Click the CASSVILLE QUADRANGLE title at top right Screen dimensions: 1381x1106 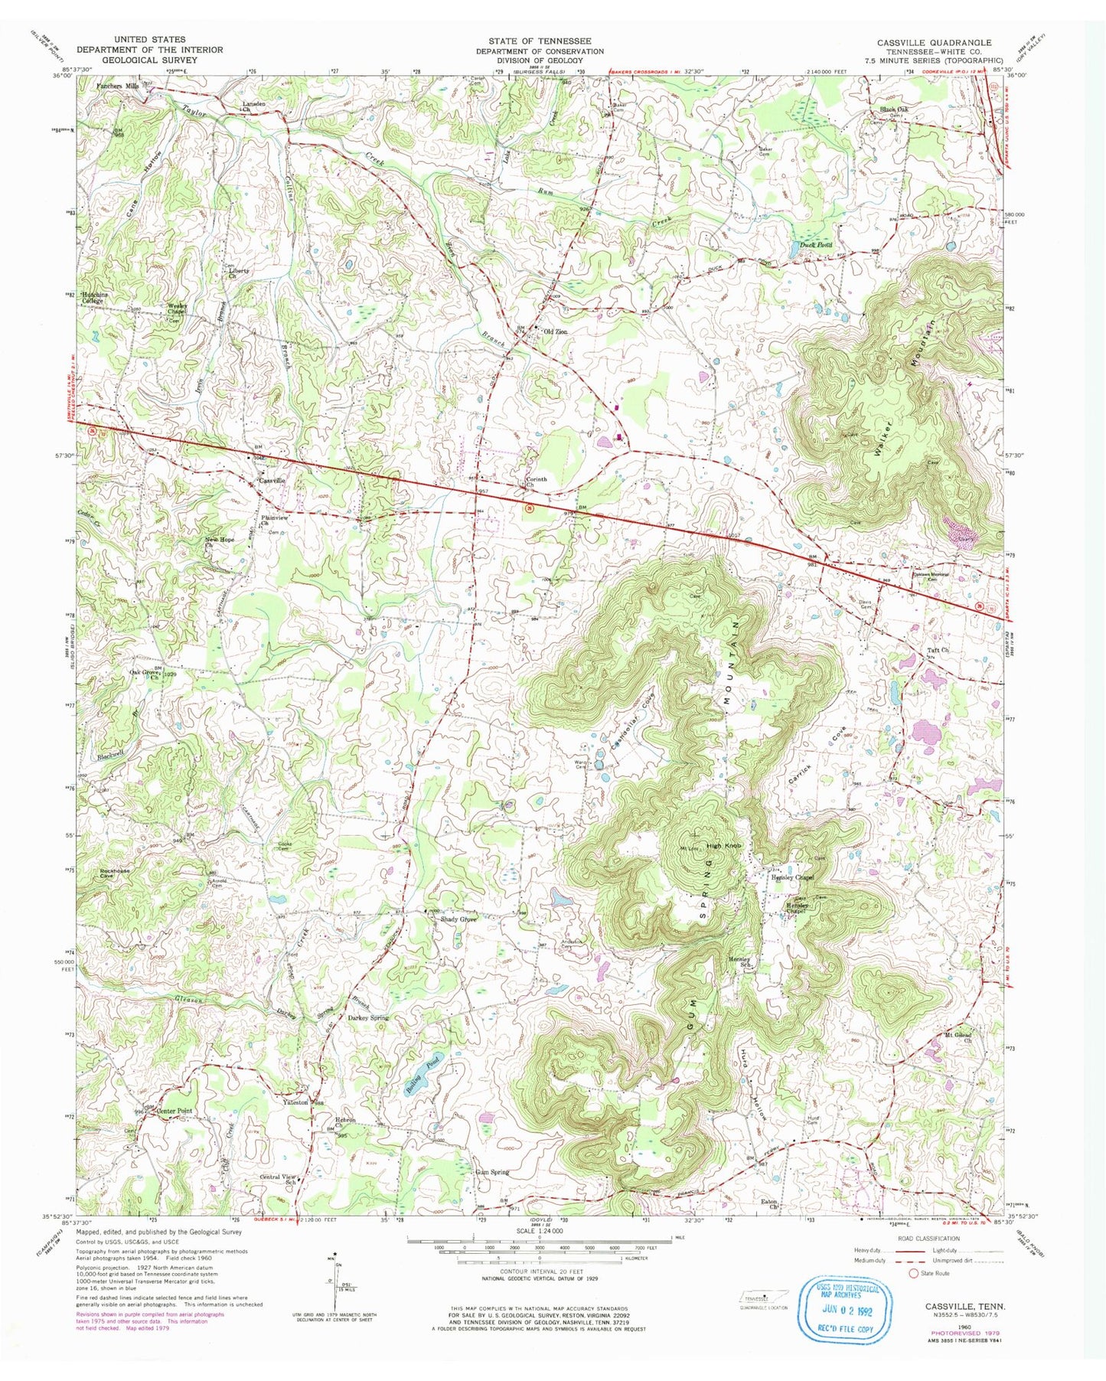click(x=935, y=42)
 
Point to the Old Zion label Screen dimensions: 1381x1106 click(x=554, y=331)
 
